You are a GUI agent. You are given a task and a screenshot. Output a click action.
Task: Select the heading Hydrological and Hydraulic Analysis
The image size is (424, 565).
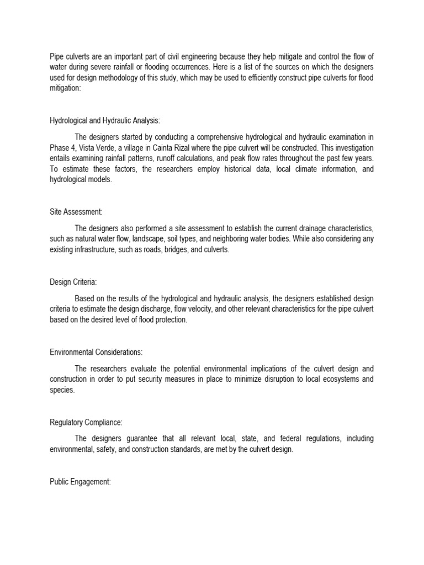(x=105, y=120)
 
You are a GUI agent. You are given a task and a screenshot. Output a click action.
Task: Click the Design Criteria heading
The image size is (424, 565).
(x=73, y=282)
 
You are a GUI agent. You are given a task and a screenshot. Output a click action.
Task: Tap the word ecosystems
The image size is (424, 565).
(x=339, y=379)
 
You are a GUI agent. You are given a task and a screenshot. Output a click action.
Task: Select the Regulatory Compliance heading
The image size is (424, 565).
(x=86, y=423)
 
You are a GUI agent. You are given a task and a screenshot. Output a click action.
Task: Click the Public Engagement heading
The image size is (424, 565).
(x=80, y=482)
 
